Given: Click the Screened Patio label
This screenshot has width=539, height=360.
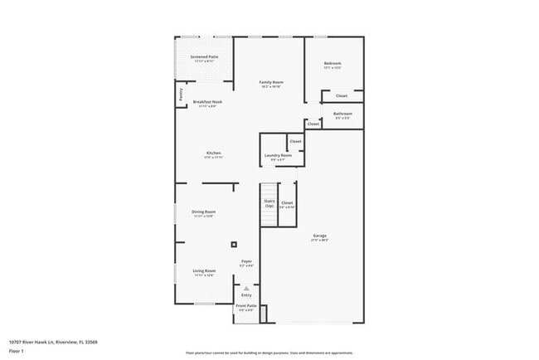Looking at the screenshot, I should (x=204, y=57).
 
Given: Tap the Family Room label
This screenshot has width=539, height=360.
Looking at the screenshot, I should (x=271, y=82).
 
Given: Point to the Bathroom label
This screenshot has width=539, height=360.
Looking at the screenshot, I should (x=342, y=114).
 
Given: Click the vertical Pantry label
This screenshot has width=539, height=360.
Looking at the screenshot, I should (x=181, y=95).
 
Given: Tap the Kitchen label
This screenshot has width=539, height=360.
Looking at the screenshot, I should (x=213, y=153).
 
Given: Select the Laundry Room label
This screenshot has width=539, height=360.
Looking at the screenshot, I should (x=278, y=155).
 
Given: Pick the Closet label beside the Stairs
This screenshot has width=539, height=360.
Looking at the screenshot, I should (x=287, y=202).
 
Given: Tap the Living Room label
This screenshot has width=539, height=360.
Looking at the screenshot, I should (x=204, y=271).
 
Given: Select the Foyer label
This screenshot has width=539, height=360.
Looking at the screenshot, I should (x=246, y=262).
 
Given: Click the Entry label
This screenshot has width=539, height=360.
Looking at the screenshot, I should (x=246, y=294).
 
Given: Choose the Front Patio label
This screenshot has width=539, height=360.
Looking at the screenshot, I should (x=246, y=307).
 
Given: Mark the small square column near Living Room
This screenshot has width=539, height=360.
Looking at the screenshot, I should (x=234, y=244).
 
